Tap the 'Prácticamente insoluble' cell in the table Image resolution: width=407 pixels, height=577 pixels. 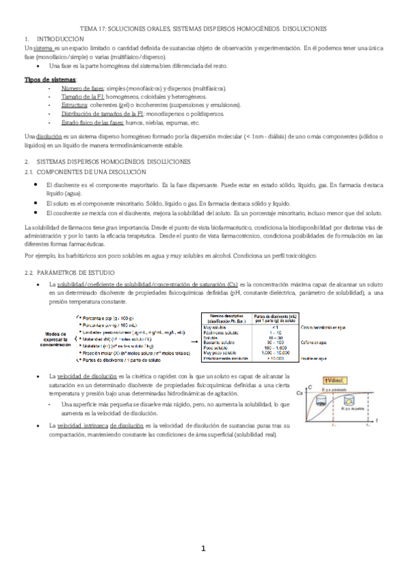225,358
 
